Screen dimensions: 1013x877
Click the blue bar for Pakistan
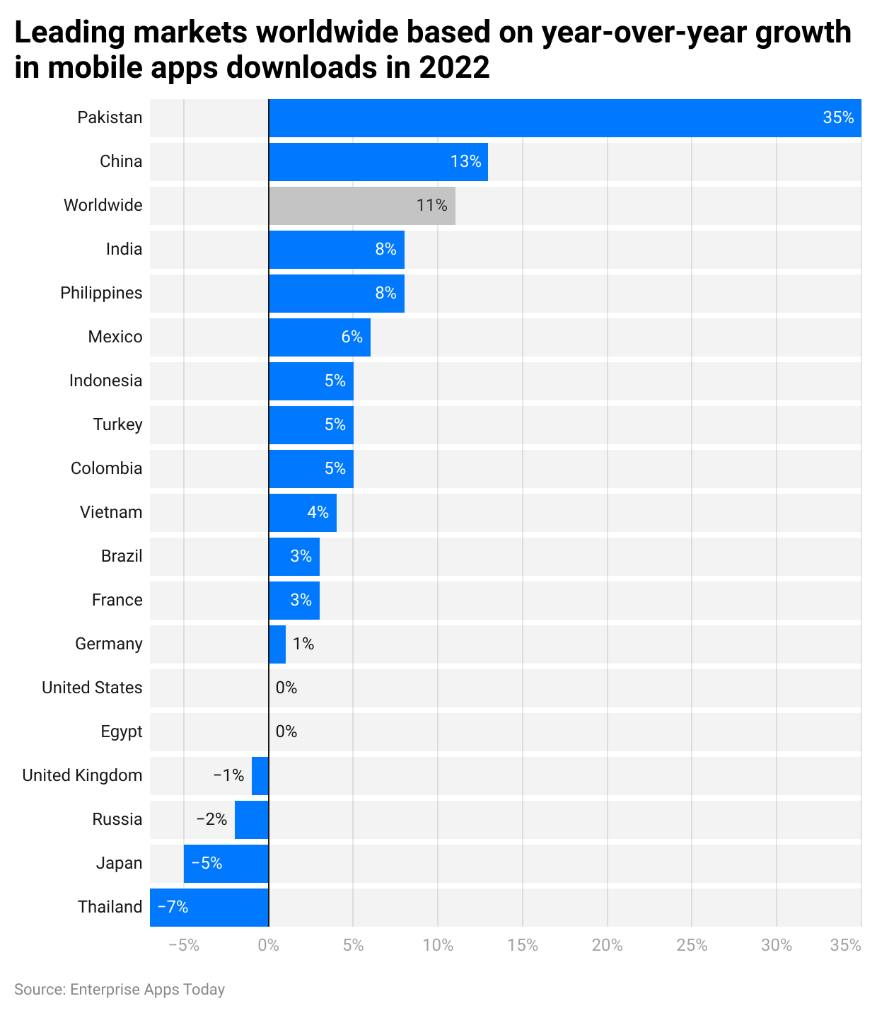tap(564, 118)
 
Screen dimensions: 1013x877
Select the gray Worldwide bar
tap(361, 206)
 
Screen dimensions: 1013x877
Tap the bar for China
tap(378, 162)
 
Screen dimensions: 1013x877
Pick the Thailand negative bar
tap(209, 908)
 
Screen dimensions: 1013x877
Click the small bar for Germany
tap(277, 644)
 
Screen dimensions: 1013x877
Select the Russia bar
tap(252, 820)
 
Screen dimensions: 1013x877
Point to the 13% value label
tap(465, 162)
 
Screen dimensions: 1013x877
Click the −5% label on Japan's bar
tap(207, 864)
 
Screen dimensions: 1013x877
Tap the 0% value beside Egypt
tap(286, 732)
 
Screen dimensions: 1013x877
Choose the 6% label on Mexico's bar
tap(352, 337)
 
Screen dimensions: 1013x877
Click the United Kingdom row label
tap(82, 776)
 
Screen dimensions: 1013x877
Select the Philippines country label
tap(101, 294)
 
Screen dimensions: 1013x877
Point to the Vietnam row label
tap(111, 513)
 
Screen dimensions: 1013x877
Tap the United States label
tap(92, 688)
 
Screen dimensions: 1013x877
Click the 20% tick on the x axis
tap(607, 946)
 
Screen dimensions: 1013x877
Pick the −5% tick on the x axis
tap(184, 946)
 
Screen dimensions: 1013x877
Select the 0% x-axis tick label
tap(269, 946)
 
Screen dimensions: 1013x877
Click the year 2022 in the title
tap(454, 69)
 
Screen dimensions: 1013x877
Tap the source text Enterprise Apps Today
tap(147, 990)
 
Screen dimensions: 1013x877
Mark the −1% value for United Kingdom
tap(228, 776)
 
